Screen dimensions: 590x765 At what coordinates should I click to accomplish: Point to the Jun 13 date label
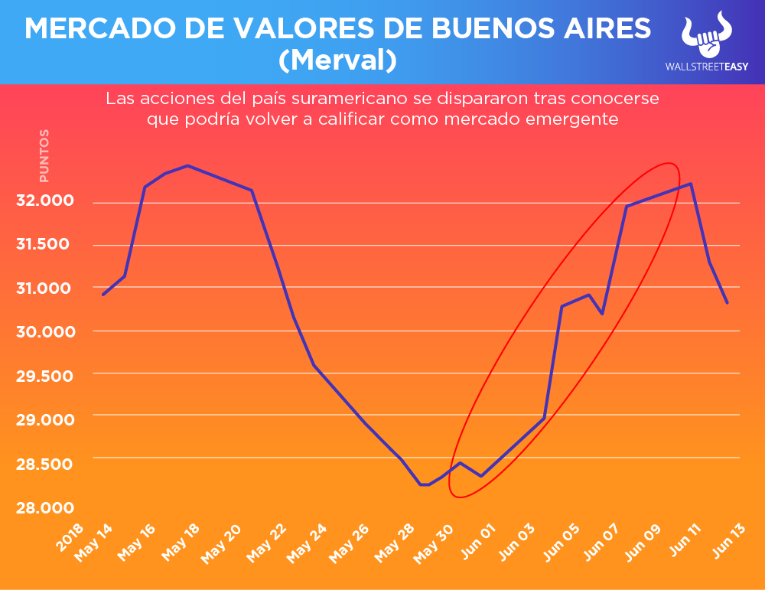[x=730, y=544]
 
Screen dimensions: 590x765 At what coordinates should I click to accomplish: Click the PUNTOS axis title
[x=44, y=156]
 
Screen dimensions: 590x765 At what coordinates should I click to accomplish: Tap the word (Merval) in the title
[x=337, y=60]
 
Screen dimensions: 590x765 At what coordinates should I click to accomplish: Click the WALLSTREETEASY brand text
[x=706, y=67]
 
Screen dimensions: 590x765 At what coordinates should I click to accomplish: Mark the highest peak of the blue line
[x=188, y=165]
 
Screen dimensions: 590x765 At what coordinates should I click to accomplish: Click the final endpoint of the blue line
[x=727, y=303]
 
